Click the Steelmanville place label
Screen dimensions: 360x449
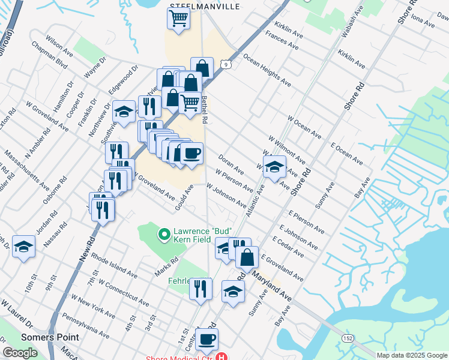pos(205,6)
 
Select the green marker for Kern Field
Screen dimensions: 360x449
pos(163,234)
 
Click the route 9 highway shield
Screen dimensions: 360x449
pos(224,64)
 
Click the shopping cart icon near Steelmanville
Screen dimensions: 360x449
pos(178,19)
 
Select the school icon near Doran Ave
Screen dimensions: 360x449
pos(274,167)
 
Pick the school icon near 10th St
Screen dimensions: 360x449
pos(23,246)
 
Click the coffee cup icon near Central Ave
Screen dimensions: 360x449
pos(206,339)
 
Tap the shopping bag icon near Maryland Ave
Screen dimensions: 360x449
pos(247,257)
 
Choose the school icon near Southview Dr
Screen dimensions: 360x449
pos(124,112)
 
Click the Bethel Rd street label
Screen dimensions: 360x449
pos(204,110)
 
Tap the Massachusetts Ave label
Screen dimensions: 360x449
pos(27,170)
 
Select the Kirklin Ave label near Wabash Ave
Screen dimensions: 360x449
pos(351,59)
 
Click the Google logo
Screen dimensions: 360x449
pos(20,353)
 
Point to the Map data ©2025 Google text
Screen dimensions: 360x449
pos(411,355)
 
